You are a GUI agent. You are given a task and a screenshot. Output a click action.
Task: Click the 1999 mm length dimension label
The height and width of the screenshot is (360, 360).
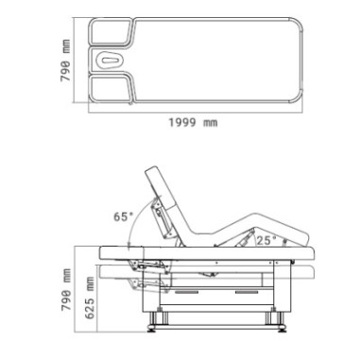tap(193, 122)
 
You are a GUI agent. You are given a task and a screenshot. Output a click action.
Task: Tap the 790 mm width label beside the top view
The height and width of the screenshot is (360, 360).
tap(65, 60)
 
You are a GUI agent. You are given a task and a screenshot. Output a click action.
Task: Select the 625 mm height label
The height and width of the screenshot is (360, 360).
tap(90, 298)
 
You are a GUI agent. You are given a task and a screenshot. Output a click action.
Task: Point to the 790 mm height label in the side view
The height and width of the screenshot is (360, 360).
tap(66, 290)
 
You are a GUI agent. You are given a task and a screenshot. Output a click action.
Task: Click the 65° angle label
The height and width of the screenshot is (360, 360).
tap(123, 216)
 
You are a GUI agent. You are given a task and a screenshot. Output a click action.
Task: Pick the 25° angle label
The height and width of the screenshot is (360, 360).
tap(267, 240)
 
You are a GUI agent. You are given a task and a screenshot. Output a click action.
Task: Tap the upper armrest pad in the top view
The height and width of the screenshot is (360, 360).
tap(111, 31)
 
